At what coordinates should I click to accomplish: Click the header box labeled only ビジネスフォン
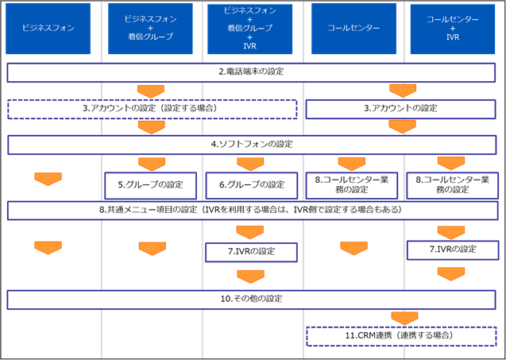coord(48,29)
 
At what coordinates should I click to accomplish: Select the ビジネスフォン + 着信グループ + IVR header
coord(249,29)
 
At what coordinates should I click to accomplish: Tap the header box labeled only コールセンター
coord(353,29)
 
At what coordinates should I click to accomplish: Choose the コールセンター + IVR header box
coord(453,29)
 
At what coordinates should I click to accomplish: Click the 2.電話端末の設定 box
coord(251,72)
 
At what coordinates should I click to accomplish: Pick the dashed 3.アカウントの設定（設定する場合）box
coord(152,109)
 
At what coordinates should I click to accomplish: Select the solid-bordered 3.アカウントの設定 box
coord(400,109)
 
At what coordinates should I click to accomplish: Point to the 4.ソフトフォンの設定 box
coord(252,145)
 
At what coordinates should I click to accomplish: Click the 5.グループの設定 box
coord(150,186)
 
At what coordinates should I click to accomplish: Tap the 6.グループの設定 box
coord(252,186)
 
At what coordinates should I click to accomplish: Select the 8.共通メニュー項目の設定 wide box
coord(253,211)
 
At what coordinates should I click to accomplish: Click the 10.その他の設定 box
coord(251,300)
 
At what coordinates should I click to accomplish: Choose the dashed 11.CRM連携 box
coord(401,336)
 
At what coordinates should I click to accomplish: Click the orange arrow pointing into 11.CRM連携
coord(404,319)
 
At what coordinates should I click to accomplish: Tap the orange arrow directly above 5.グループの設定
coord(152,165)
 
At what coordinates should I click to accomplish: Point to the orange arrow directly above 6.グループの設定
coord(251,165)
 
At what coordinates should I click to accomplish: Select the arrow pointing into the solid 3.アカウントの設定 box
coord(403,91)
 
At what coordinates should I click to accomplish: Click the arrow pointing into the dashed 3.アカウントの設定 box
coord(151,91)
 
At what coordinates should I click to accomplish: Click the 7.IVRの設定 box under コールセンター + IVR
coord(453,250)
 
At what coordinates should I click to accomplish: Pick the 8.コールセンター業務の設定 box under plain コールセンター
coord(352,186)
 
